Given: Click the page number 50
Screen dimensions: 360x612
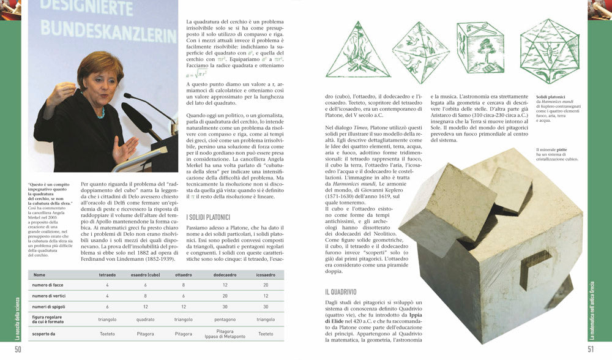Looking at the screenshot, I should click(18, 350).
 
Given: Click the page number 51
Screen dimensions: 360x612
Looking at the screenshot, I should click(591, 350).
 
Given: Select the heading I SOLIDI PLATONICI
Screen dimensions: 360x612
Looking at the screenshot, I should click(208, 217).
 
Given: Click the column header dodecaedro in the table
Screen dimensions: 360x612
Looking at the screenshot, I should click(225, 275).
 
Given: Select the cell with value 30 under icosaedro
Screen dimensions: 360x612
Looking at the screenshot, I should click(266, 307).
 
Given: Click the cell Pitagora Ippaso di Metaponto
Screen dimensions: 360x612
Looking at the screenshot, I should click(225, 334).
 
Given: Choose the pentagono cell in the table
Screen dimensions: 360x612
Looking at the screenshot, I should click(225, 320).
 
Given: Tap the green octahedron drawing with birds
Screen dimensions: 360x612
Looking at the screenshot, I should click(420, 52).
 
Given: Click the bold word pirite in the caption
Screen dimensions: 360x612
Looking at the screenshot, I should click(562, 150).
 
